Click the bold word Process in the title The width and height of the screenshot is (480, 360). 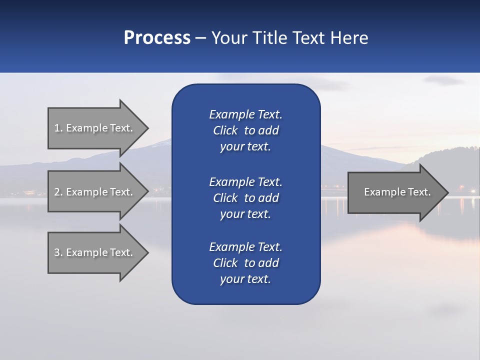(157, 37)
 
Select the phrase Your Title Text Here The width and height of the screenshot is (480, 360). (289, 37)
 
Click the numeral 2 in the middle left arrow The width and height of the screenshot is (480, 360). (57, 192)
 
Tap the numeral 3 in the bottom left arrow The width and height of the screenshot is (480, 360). (57, 252)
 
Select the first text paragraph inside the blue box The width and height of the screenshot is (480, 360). (245, 130)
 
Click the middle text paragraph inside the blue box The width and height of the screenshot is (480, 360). (245, 197)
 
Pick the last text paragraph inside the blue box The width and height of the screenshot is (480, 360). (245, 263)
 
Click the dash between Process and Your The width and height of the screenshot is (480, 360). (200, 38)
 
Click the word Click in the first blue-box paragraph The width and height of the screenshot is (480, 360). (225, 130)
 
